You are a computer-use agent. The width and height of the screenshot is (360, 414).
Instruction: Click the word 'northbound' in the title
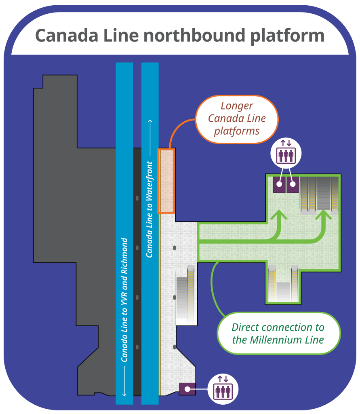(x=194, y=36)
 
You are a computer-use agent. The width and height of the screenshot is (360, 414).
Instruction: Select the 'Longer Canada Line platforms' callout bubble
(x=237, y=119)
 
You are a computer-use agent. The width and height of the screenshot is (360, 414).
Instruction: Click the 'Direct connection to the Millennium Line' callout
(x=278, y=333)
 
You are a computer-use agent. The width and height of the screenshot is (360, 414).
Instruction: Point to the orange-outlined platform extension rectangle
(x=166, y=181)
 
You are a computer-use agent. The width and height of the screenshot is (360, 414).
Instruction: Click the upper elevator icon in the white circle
(x=286, y=154)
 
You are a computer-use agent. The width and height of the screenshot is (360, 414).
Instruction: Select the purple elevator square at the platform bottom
(x=187, y=389)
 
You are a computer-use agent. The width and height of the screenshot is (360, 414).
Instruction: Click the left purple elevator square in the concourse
(x=279, y=184)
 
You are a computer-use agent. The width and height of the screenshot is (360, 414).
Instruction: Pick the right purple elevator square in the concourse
(x=292, y=184)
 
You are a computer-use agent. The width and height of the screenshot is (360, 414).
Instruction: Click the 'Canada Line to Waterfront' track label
(x=149, y=209)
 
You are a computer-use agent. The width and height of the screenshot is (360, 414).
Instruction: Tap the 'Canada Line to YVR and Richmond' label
(x=124, y=299)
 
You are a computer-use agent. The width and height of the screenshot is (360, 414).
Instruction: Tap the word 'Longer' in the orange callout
(x=237, y=106)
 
